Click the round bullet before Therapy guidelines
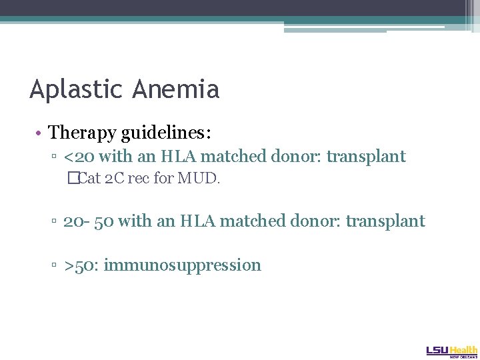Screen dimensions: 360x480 coord(41,133)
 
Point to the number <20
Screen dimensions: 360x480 coord(78,157)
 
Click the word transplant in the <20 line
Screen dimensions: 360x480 coord(366,157)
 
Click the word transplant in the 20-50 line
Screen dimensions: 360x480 coord(385,221)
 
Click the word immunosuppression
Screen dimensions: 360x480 coord(183,265)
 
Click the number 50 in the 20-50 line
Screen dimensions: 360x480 coord(103,221)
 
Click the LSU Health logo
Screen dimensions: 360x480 coord(452,351)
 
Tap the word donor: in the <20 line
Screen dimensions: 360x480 coord(299,157)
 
